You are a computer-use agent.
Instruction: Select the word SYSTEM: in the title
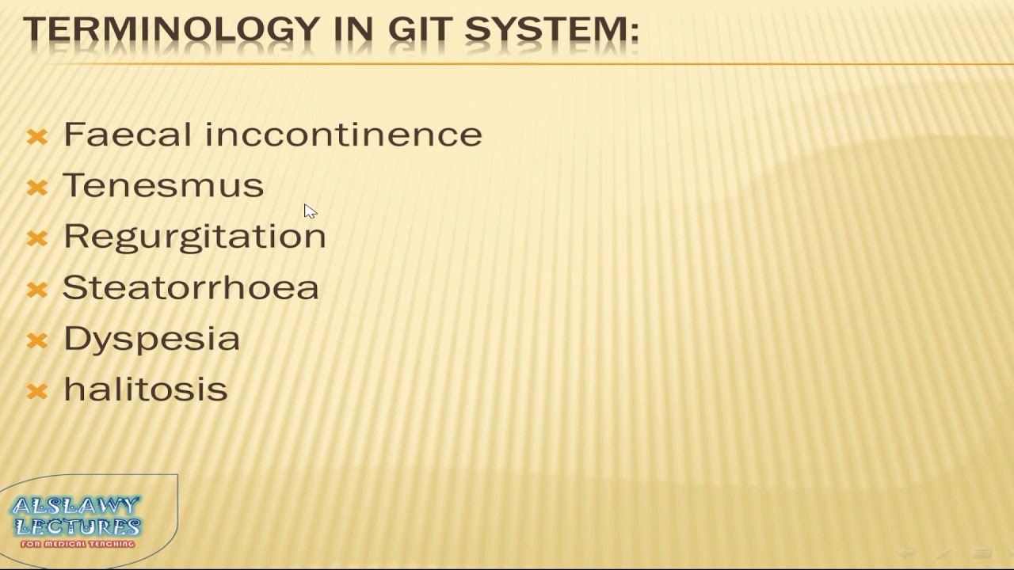click(x=551, y=30)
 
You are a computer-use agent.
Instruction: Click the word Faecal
click(x=127, y=135)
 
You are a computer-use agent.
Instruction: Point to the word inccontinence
click(x=343, y=135)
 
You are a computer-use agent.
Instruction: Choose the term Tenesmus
click(x=163, y=185)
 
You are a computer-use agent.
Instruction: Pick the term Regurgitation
click(x=194, y=237)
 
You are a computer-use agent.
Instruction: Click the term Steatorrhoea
click(x=190, y=287)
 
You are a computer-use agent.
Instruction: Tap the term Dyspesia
click(x=151, y=339)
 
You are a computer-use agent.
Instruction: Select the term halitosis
click(x=145, y=389)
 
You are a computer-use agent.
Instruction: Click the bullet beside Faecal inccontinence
click(x=37, y=137)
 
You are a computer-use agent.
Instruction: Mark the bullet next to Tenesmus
click(x=37, y=188)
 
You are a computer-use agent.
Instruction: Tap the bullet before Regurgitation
click(x=37, y=238)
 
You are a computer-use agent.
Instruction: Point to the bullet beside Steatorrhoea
click(x=37, y=290)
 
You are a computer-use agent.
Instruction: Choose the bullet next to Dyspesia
click(x=37, y=340)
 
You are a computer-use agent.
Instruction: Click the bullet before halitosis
click(x=37, y=391)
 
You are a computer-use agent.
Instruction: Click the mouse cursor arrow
click(x=309, y=211)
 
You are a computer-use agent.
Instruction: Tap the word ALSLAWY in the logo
click(x=76, y=506)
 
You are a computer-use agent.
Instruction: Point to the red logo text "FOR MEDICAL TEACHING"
click(x=78, y=544)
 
